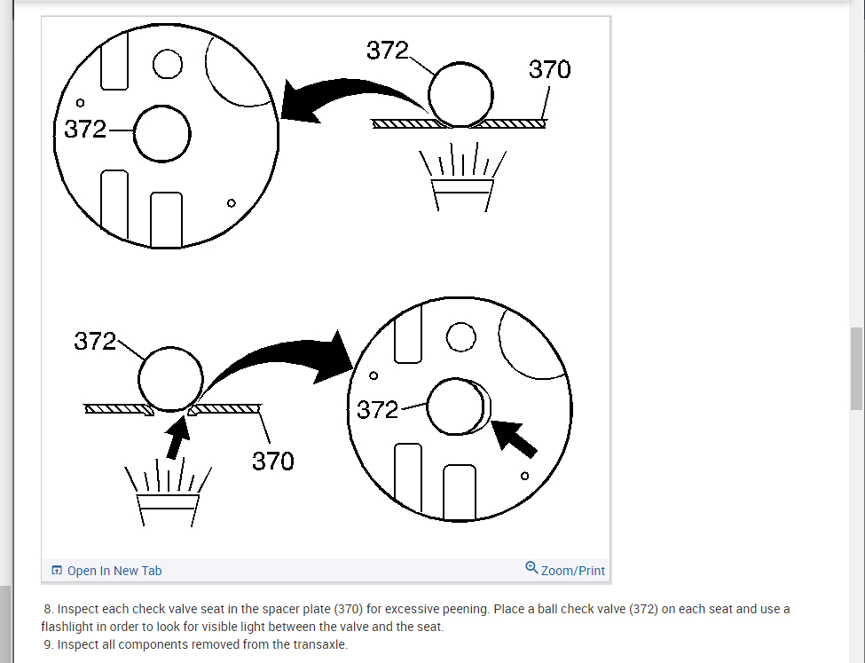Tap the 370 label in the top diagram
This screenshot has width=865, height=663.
click(549, 69)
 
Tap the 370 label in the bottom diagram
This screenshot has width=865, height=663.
click(273, 461)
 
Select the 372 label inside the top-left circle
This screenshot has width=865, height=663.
click(85, 130)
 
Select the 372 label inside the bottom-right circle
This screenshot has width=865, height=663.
click(377, 409)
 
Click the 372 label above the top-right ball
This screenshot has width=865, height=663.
click(388, 51)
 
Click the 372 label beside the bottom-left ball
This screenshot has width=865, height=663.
click(95, 341)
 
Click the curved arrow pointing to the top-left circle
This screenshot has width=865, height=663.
click(346, 96)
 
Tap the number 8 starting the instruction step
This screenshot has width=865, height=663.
click(48, 609)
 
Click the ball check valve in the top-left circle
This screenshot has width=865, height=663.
click(161, 134)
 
